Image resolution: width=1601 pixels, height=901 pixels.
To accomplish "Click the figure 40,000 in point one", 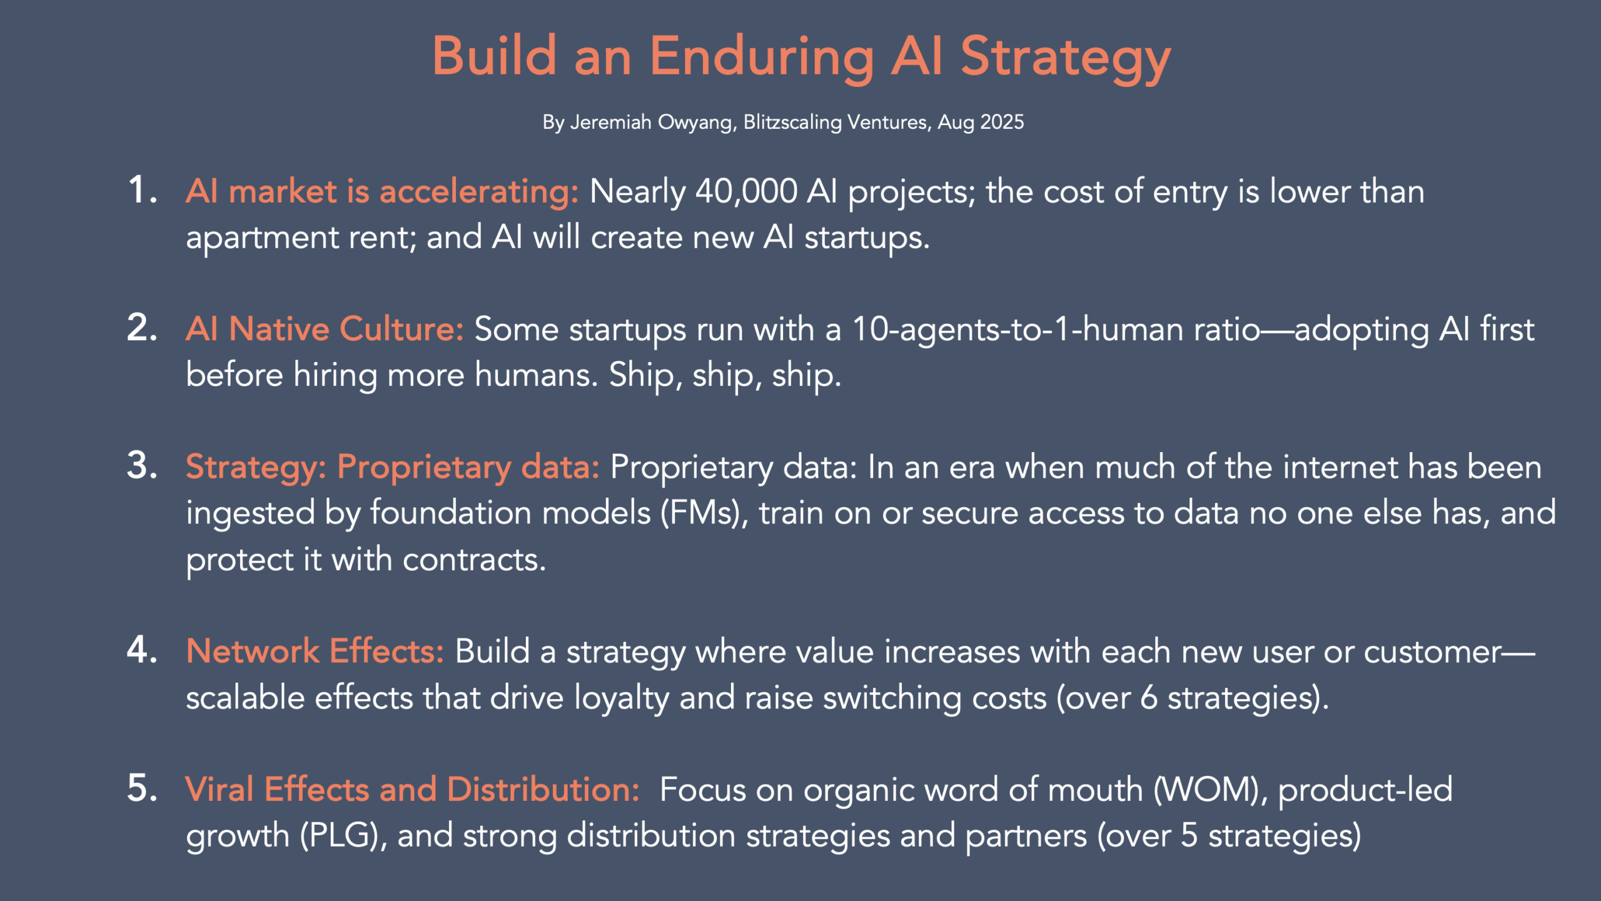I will (746, 191).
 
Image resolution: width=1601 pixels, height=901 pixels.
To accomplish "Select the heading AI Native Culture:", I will (325, 329).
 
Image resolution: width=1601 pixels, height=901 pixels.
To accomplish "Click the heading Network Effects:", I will (315, 652).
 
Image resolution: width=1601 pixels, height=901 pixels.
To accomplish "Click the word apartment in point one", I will (262, 238).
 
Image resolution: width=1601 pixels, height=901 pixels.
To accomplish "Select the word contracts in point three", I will (474, 560).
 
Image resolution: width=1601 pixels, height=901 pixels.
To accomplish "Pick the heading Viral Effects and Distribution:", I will (412, 790).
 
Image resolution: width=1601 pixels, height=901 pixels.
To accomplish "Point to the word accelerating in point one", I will (479, 191).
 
